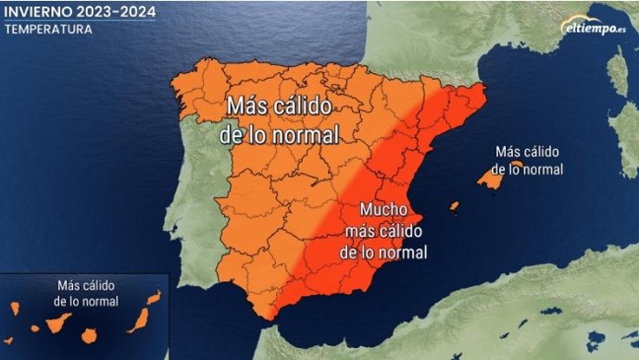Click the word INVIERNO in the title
(x=38, y=12)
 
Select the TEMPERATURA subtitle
(x=48, y=29)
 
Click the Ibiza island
(x=454, y=206)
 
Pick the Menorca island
(x=518, y=165)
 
